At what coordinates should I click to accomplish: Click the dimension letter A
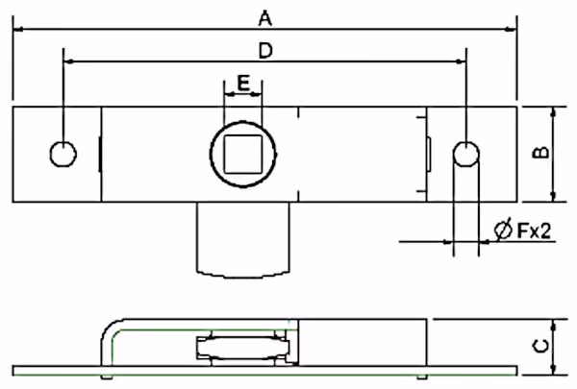[x=265, y=18]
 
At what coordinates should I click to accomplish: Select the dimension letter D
[x=265, y=51]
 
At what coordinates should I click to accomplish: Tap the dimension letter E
[x=243, y=84]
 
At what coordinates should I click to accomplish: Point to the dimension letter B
[x=540, y=152]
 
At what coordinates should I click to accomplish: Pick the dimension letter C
[x=540, y=346]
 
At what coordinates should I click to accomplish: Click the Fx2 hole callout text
[x=535, y=231]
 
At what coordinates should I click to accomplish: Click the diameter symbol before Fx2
[x=503, y=230]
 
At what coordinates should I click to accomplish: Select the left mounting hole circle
[x=63, y=154]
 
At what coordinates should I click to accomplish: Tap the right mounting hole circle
[x=466, y=154]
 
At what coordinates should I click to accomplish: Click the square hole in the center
[x=243, y=154]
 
